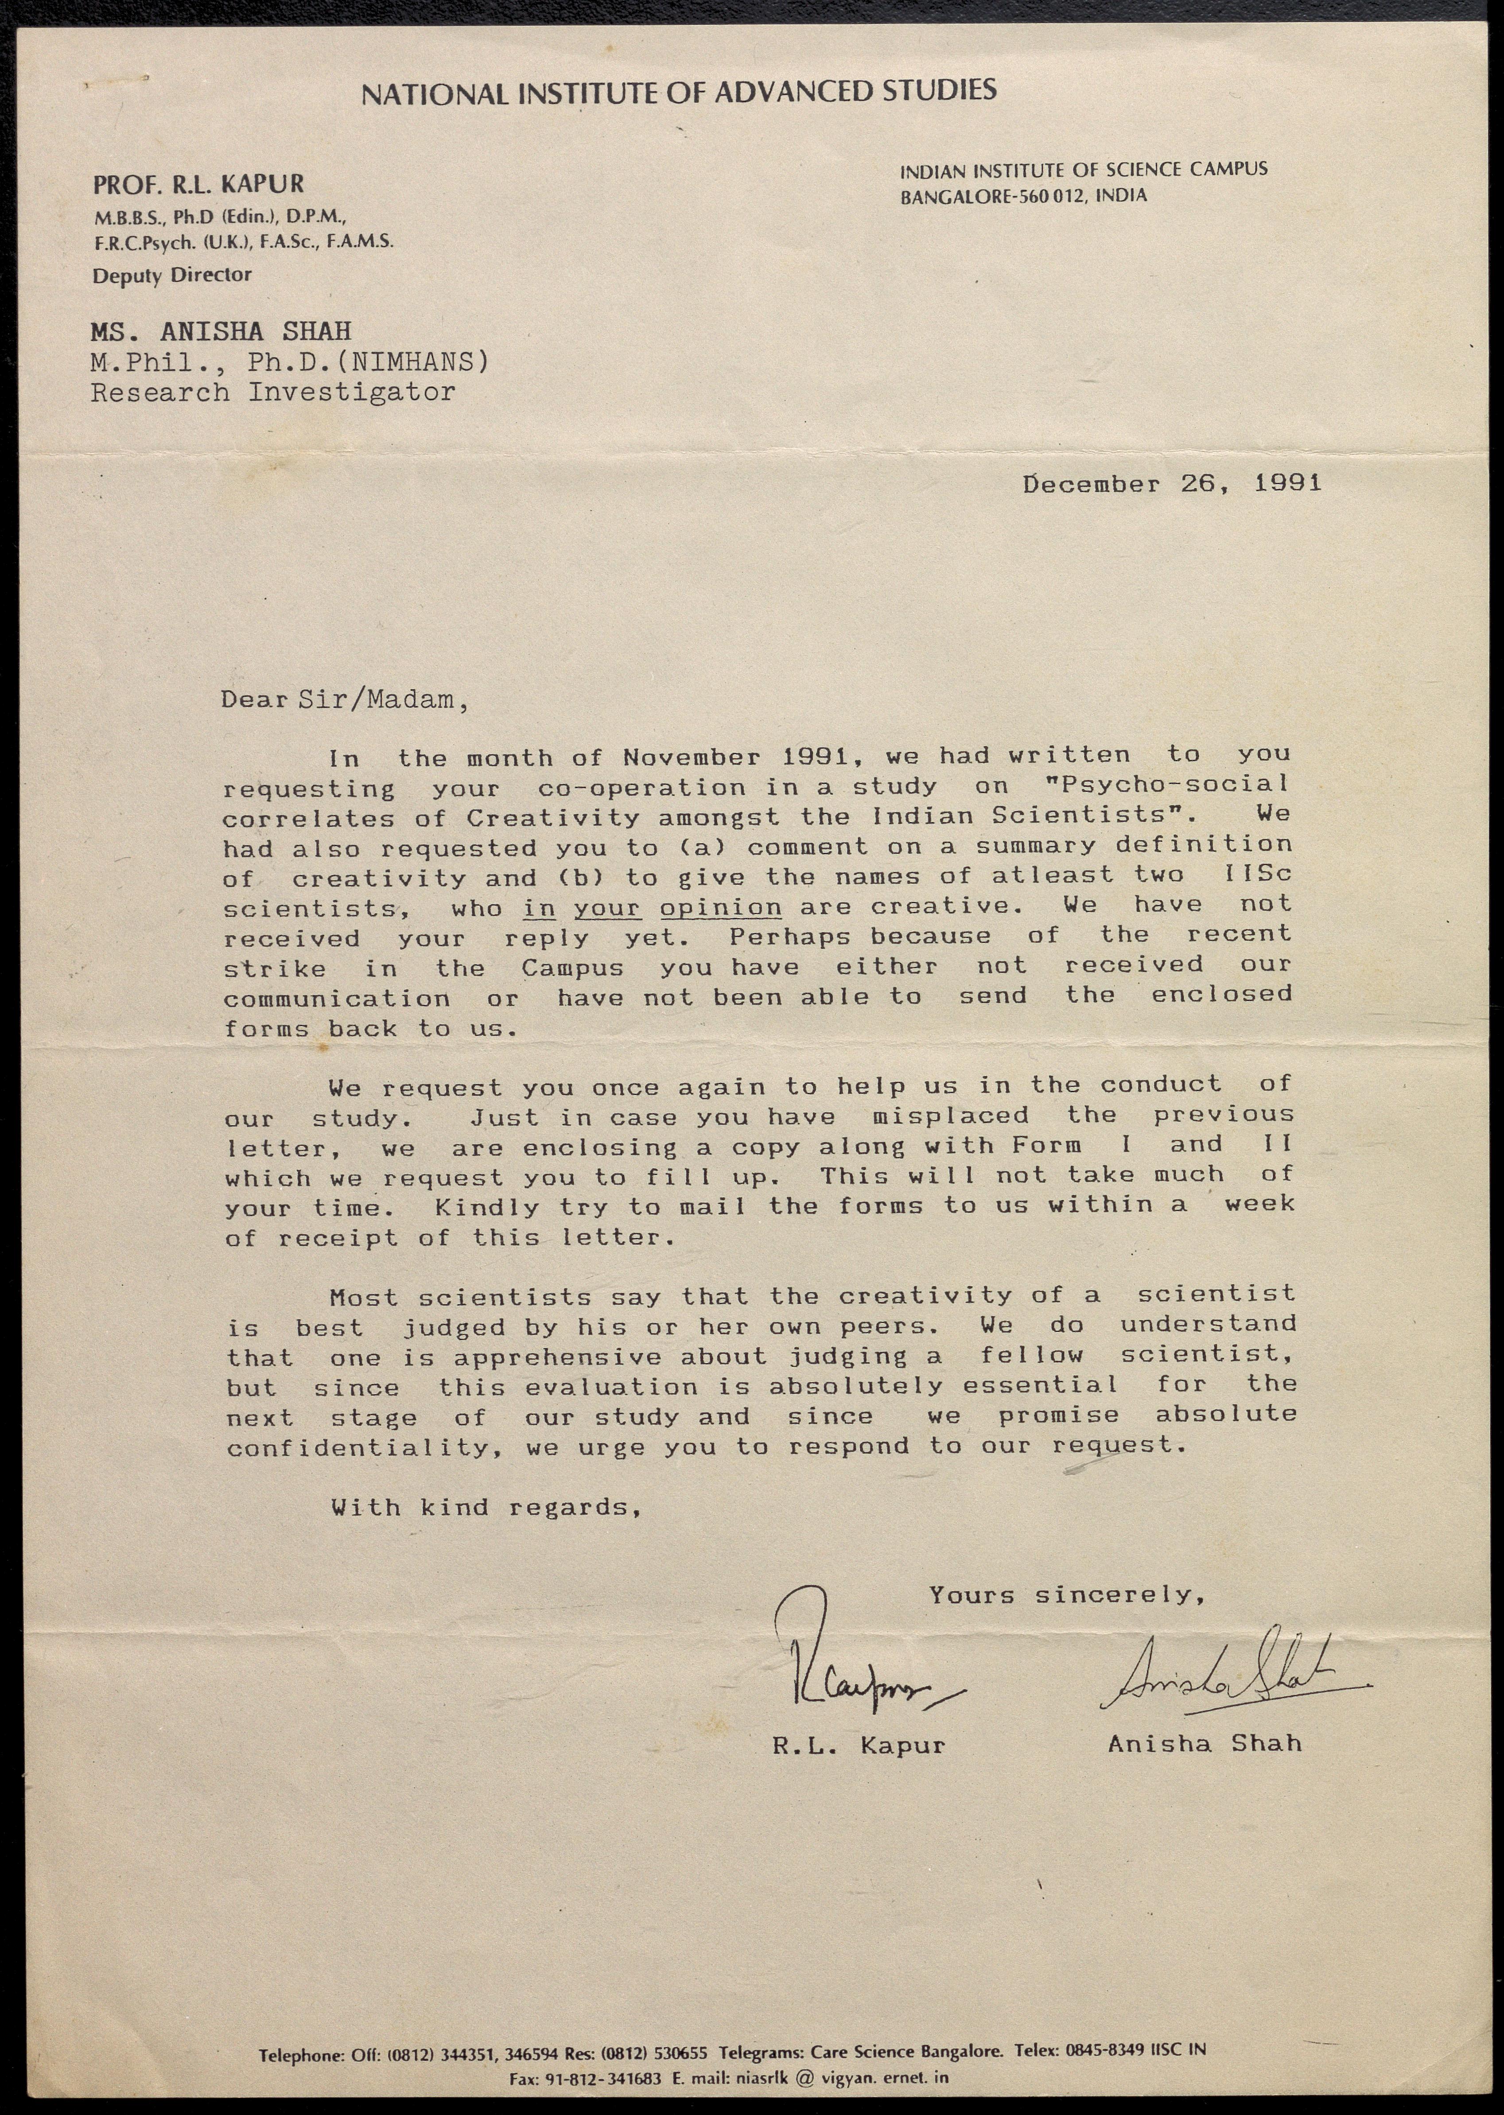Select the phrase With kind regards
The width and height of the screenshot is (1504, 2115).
click(x=486, y=1508)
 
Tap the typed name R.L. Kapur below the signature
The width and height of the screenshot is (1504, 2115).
click(x=859, y=1746)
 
